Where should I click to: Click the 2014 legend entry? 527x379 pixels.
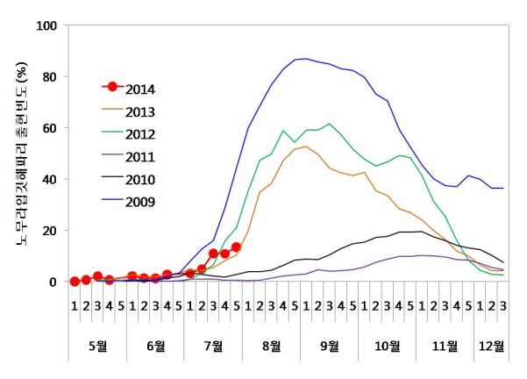click(141, 88)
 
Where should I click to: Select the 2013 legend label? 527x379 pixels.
click(141, 111)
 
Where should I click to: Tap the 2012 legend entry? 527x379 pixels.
click(141, 134)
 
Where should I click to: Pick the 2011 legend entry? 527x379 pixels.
click(141, 157)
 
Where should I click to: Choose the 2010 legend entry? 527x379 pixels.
click(141, 180)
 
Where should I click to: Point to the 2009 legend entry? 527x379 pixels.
click(141, 203)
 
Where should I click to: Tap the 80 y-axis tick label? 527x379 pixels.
click(49, 77)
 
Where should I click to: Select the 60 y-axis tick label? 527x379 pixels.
click(49, 128)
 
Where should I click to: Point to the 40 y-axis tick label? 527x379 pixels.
click(49, 180)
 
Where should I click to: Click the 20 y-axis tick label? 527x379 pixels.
click(49, 231)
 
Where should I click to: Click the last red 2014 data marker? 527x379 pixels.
click(236, 247)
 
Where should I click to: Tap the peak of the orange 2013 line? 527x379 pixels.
click(304, 147)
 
